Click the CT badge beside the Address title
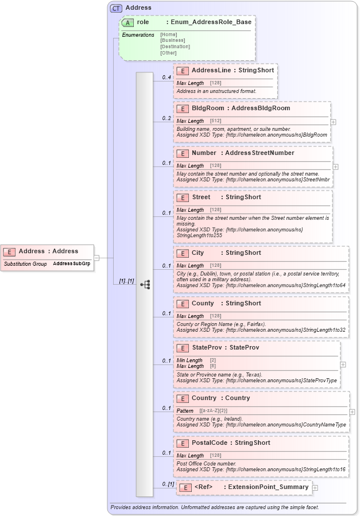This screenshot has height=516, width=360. point(117,8)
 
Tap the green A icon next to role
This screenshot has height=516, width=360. point(129,22)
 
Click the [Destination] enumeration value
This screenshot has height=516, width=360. point(175,46)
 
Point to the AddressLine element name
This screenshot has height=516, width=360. point(211,70)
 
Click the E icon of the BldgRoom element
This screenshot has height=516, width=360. point(183,108)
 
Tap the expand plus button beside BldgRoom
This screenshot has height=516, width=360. point(334,122)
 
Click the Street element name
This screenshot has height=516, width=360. point(202,197)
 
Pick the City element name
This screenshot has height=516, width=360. point(198,253)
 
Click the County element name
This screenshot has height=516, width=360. point(203,303)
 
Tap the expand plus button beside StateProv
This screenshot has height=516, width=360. point(343,364)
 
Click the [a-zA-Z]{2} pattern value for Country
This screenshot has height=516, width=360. point(214,411)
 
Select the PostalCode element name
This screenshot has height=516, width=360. point(210,443)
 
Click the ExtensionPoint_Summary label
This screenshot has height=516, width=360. point(269,487)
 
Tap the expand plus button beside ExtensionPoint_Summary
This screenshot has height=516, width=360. point(315,488)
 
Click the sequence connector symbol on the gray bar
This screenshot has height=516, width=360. point(145,284)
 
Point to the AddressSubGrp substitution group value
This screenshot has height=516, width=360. point(72,263)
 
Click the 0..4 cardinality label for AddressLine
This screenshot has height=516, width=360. point(167,77)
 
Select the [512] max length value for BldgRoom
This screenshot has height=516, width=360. point(215,121)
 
